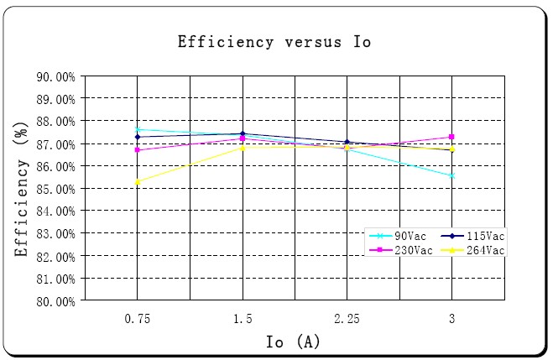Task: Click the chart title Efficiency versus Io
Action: (274, 42)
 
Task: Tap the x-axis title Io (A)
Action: (293, 342)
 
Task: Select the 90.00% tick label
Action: (56, 76)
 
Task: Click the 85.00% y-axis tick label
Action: (56, 189)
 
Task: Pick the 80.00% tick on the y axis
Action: (56, 301)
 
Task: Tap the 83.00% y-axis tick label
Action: (56, 233)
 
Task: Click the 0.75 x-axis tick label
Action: (137, 319)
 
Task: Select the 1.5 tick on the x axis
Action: (243, 319)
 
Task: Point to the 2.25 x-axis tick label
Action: (347, 319)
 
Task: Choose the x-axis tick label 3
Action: (452, 319)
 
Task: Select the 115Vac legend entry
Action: (482, 237)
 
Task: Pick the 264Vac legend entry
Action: (482, 250)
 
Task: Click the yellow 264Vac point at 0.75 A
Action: (138, 181)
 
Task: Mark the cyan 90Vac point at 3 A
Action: (452, 175)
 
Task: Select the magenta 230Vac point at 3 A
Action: (452, 137)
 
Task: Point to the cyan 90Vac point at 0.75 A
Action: (138, 129)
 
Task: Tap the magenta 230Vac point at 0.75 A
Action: (138, 150)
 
